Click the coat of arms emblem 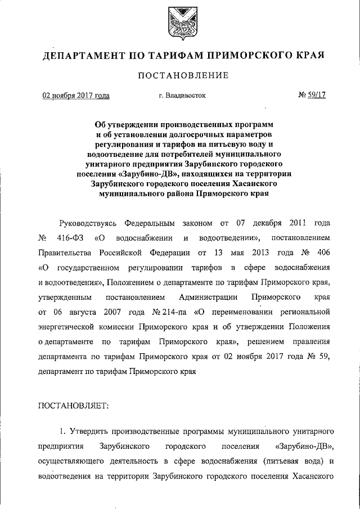pyautogui.click(x=180, y=21)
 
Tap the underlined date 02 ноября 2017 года pyautogui.click(x=76, y=96)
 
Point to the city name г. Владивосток pyautogui.click(x=182, y=96)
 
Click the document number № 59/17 pyautogui.click(x=312, y=96)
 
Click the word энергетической pyautogui.click(x=69, y=326)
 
